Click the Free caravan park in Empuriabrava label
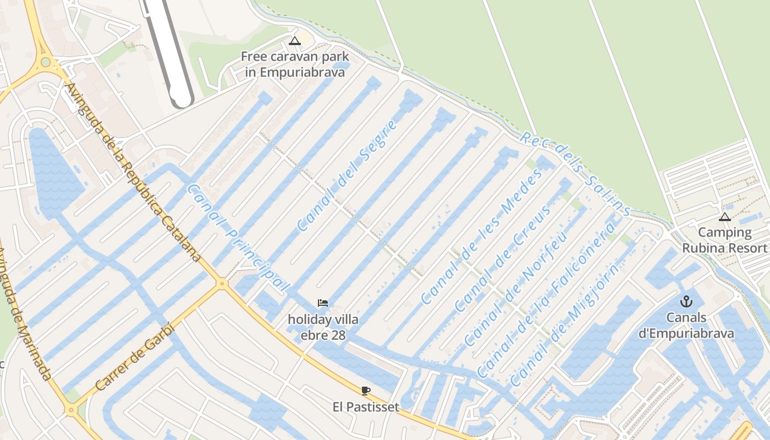pyautogui.click(x=295, y=64)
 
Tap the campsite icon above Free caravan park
pyautogui.click(x=295, y=41)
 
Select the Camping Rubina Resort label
pyautogui.click(x=724, y=240)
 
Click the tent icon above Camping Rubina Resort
pyautogui.click(x=725, y=217)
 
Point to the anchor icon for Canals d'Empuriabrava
pyautogui.click(x=686, y=301)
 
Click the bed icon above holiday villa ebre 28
pyautogui.click(x=323, y=303)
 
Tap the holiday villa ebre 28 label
pyautogui.click(x=323, y=327)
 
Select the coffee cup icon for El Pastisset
pyautogui.click(x=366, y=391)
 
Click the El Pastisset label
pyautogui.click(x=366, y=408)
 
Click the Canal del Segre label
pyautogui.click(x=348, y=175)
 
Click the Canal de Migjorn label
pyautogui.click(x=564, y=323)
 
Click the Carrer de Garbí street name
pyautogui.click(x=135, y=356)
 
